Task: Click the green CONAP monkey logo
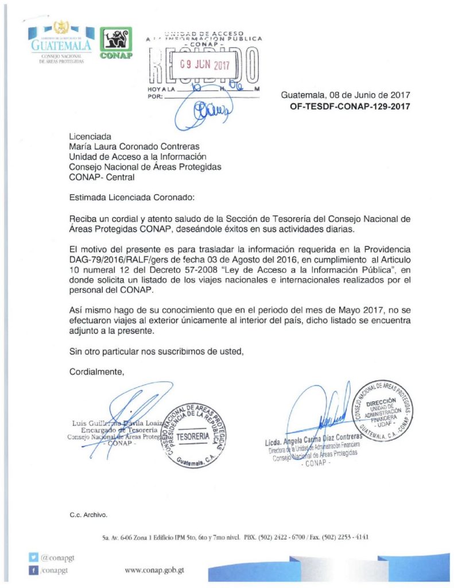[x=117, y=42]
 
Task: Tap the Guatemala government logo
[x=60, y=42]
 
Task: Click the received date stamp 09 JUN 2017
[x=204, y=65]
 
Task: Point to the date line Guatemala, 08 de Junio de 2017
[x=346, y=95]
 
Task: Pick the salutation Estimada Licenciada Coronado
[x=132, y=197]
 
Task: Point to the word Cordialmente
[x=96, y=372]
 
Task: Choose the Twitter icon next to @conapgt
[x=34, y=556]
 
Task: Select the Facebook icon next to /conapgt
[x=34, y=570]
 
